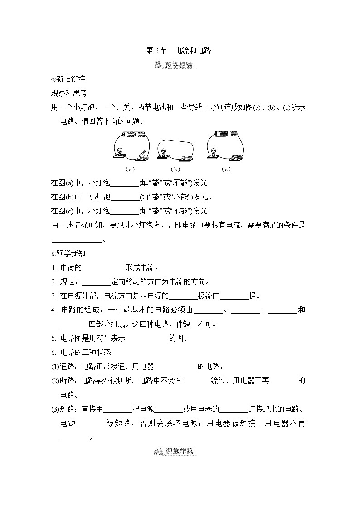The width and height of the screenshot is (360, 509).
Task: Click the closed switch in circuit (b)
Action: pyautogui.click(x=186, y=156)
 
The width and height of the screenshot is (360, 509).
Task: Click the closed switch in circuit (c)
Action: pyautogui.click(x=235, y=156)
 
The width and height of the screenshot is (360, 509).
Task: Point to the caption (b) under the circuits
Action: pyautogui.click(x=175, y=169)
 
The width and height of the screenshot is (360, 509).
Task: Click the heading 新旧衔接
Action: pyautogui.click(x=70, y=79)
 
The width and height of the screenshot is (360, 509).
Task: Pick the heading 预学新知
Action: pyautogui.click(x=70, y=253)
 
